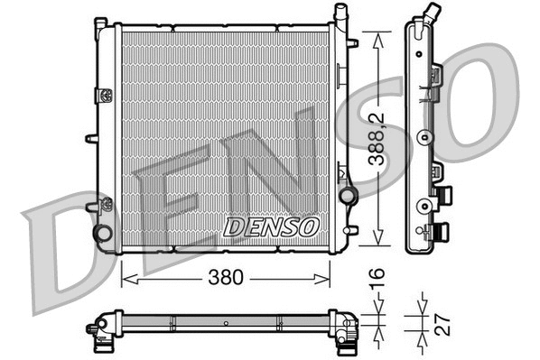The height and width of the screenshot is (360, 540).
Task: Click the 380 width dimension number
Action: (227, 278)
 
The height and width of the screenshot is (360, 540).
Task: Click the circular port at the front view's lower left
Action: (103, 233)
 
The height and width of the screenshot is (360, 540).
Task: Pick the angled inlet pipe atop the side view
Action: (433, 15)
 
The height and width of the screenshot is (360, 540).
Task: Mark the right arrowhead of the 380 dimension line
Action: (329, 278)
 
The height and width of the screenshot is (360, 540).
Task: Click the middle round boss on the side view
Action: (422, 138)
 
